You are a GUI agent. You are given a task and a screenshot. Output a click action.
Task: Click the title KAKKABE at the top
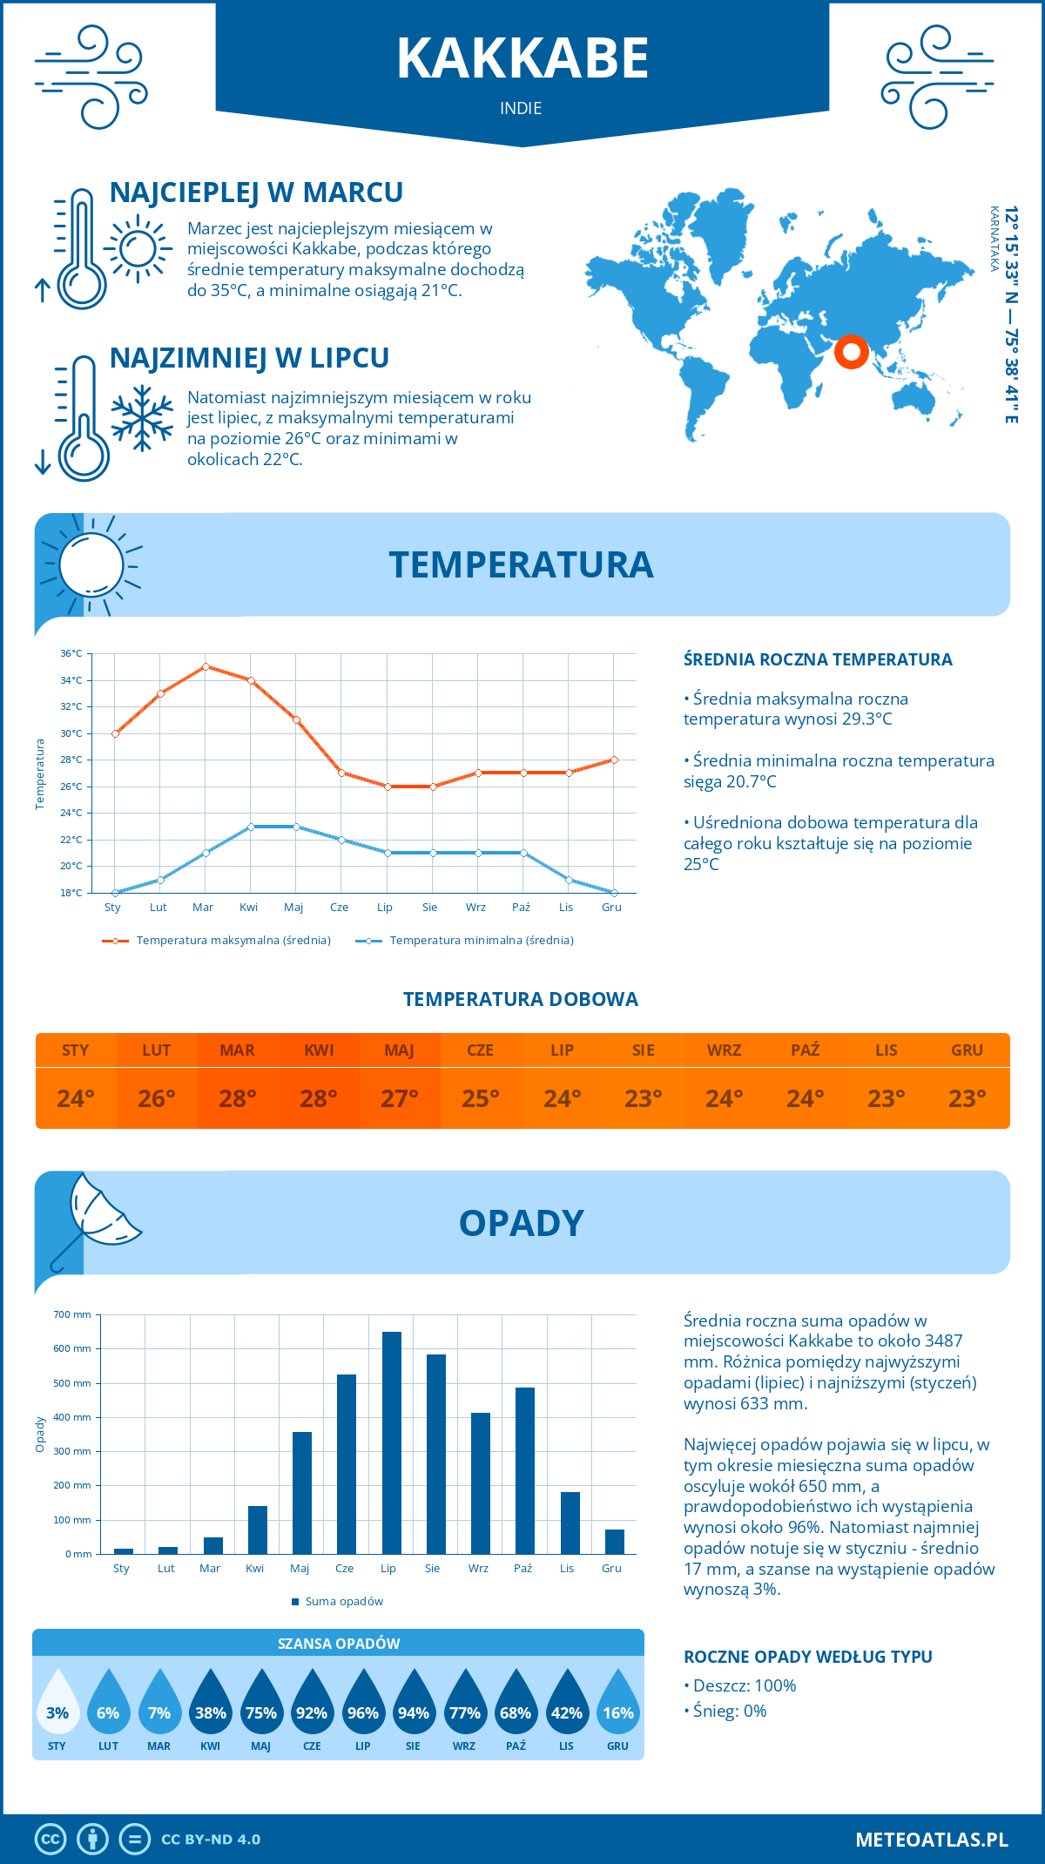522,58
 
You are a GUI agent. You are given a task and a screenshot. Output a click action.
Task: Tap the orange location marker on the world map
851,352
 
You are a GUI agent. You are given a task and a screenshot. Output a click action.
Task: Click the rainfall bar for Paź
525,1470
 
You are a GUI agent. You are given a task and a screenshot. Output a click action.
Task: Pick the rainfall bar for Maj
302,1492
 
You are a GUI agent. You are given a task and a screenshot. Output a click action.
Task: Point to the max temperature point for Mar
206,666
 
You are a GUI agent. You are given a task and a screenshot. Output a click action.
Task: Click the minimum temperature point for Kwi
251,827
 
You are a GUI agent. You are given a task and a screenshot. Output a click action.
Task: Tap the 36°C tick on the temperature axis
71,653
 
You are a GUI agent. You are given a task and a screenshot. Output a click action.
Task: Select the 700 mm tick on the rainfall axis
72,1314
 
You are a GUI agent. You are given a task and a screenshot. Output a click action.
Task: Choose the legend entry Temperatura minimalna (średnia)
481,941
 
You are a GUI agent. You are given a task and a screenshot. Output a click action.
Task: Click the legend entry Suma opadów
343,1601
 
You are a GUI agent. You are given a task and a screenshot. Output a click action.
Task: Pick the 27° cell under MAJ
400,1098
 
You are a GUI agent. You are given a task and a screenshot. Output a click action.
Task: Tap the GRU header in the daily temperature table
967,1050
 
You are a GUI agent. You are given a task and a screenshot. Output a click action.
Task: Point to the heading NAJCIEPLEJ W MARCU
256,192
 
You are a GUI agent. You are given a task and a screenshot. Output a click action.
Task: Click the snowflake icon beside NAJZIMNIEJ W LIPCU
142,417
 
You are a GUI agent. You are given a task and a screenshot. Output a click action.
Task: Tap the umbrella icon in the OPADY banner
96,1219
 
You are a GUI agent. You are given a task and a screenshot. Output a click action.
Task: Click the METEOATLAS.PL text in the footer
931,1840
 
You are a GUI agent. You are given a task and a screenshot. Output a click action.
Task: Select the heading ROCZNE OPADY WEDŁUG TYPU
807,1657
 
